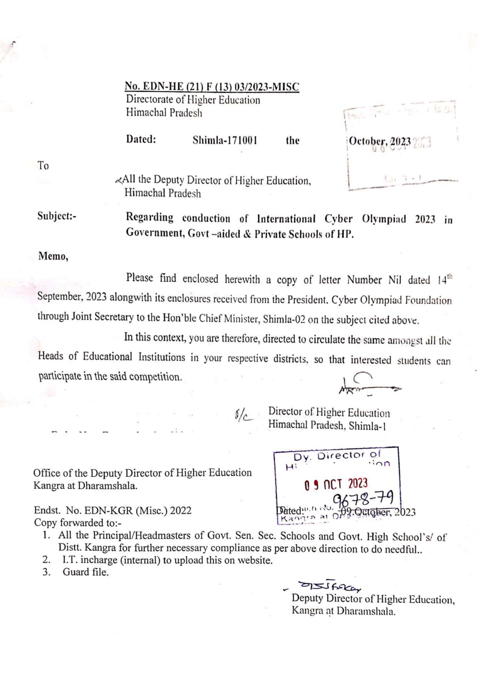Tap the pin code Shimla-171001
point(225,140)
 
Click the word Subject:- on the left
point(57,216)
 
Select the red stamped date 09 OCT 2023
point(336,484)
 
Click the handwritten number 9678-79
point(363,499)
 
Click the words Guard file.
point(86,572)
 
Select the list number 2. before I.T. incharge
point(46,560)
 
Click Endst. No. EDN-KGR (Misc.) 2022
point(113,510)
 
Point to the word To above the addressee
point(43,166)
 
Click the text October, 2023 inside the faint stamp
point(380,141)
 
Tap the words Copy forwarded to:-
point(77,523)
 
